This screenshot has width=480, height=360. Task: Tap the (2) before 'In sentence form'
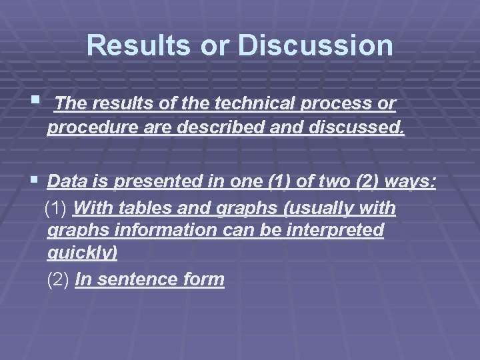pos(59,279)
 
